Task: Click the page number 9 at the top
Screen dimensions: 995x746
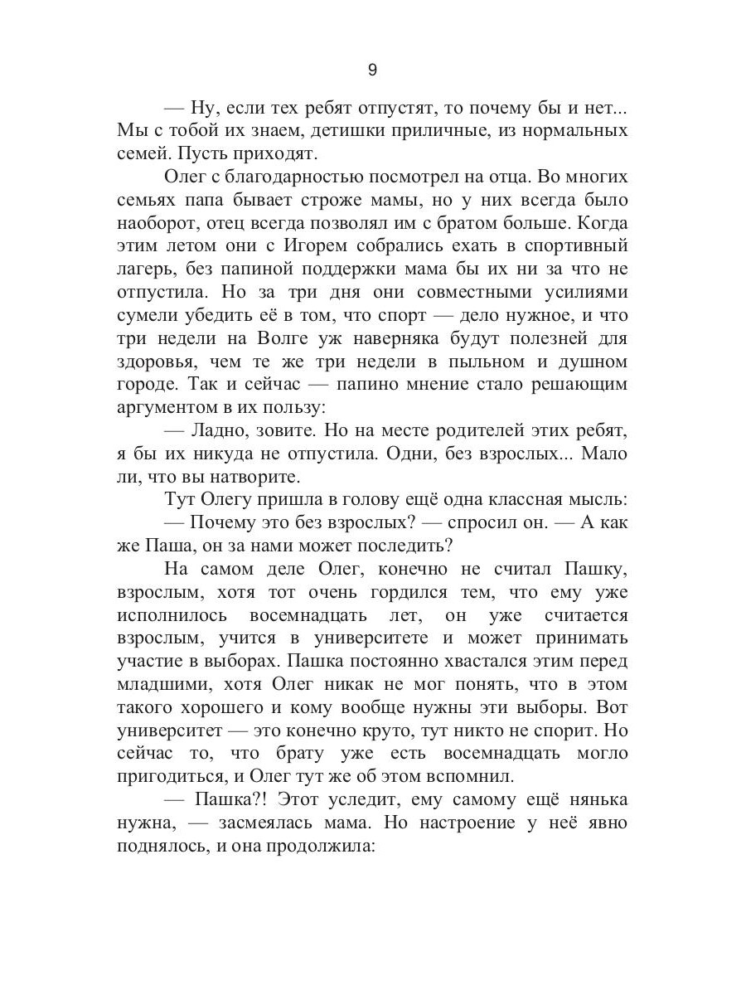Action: coord(372,70)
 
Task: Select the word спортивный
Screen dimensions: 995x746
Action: coord(577,246)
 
